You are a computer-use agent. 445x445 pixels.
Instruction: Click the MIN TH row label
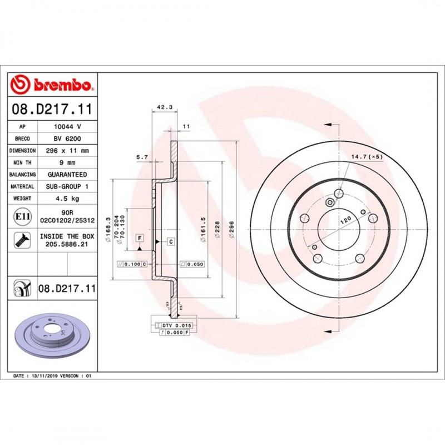(x=23, y=163)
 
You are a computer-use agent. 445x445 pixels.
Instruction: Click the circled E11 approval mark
(x=23, y=216)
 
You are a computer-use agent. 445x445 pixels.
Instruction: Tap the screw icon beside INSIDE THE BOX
(x=23, y=240)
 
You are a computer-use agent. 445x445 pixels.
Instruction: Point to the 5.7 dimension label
(x=142, y=157)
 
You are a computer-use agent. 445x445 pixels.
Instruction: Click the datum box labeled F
(x=140, y=238)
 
